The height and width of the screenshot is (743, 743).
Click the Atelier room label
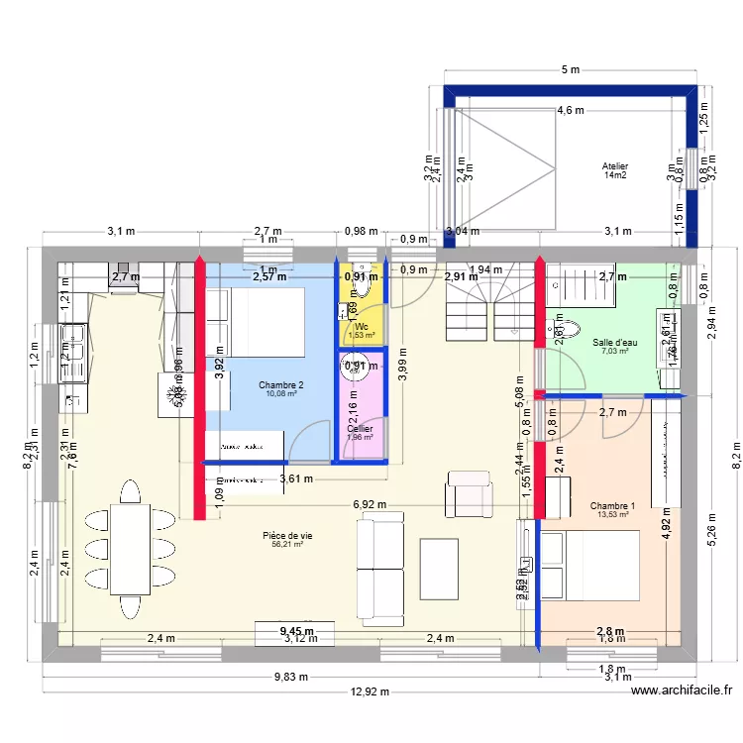coord(614,166)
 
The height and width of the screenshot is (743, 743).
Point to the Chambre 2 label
coord(280,384)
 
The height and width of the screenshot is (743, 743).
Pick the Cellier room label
coord(360,429)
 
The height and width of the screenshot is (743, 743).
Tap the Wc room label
coord(362,326)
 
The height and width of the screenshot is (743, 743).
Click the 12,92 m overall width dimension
coord(372,692)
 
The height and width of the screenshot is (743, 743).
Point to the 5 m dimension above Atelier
coord(570,70)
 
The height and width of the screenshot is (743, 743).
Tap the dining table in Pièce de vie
coord(130,548)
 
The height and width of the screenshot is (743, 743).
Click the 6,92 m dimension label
coord(370,505)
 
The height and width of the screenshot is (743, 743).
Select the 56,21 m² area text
coord(286,544)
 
